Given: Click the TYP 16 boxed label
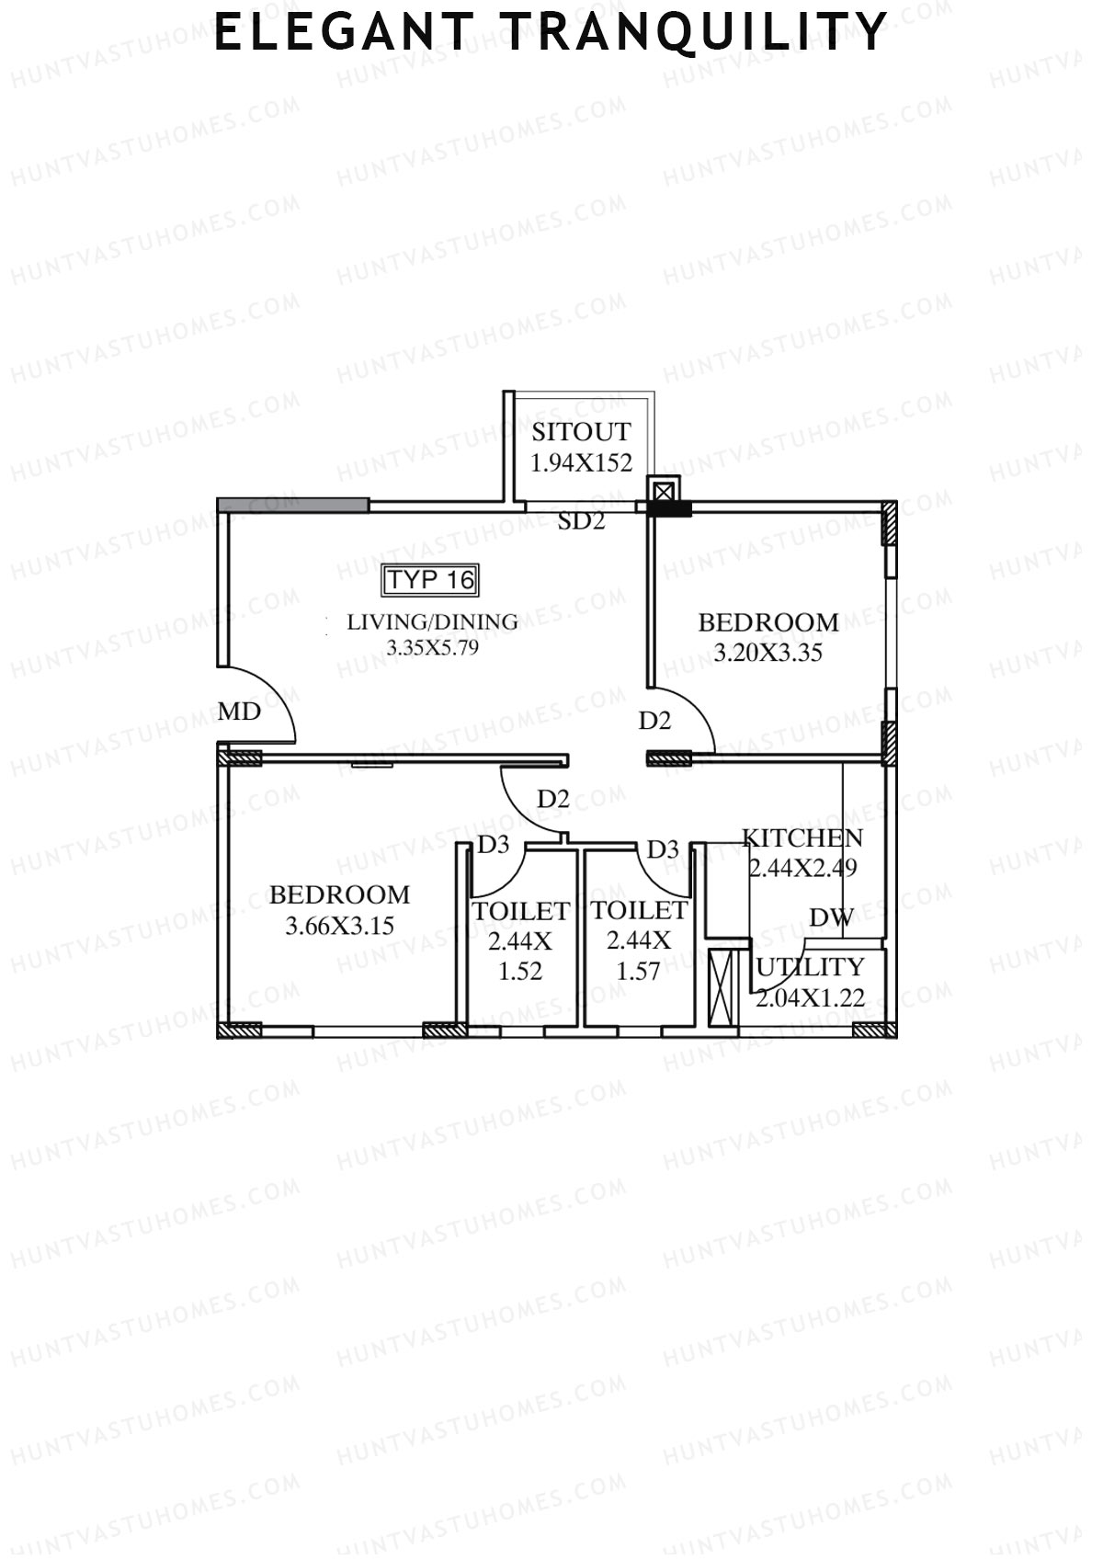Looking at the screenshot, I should coord(430,580).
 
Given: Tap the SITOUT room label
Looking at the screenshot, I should coord(581,432).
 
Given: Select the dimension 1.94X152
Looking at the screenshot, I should coord(581,462).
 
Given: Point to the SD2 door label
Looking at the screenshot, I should coord(582,521).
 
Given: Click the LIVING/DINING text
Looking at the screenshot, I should coord(432,622).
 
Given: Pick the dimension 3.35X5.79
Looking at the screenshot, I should coord(432,648).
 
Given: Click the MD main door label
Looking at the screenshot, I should coord(239,712).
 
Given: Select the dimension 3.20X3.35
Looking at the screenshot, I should coord(768,654).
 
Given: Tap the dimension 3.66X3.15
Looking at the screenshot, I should coord(339,926).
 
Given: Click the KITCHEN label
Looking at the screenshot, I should coord(802,838).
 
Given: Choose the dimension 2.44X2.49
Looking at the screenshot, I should coord(802,868).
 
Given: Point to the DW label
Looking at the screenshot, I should coord(831,917).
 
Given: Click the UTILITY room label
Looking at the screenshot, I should coord(810,967).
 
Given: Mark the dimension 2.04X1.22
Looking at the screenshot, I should coord(810,996).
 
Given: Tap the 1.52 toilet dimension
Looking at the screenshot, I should coord(520,971).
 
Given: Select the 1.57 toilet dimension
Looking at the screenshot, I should coord(638,971).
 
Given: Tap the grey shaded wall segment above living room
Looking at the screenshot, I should coord(293,505).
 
